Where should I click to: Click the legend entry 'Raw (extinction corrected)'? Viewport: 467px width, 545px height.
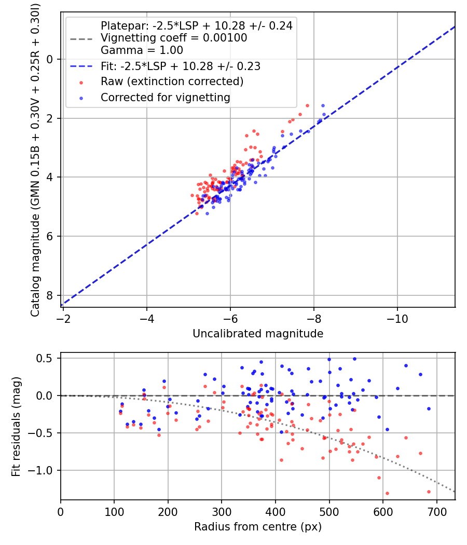click(x=172, y=81)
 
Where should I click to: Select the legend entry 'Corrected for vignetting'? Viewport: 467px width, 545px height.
click(x=166, y=97)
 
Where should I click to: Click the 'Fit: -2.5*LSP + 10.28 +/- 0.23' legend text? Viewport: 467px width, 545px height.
click(x=181, y=66)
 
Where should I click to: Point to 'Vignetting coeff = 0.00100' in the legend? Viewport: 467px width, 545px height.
click(x=174, y=38)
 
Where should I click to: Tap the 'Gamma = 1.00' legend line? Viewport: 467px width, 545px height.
click(x=142, y=51)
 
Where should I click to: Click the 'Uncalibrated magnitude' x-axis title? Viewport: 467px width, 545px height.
click(x=258, y=334)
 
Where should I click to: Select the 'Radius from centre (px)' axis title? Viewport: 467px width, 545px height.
click(x=258, y=527)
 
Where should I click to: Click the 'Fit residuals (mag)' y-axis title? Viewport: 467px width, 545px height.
click(x=16, y=426)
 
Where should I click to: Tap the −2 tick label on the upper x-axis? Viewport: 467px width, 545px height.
click(x=63, y=318)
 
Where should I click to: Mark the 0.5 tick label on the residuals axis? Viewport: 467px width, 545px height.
click(x=48, y=358)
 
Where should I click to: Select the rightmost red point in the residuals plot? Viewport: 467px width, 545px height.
click(x=429, y=492)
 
